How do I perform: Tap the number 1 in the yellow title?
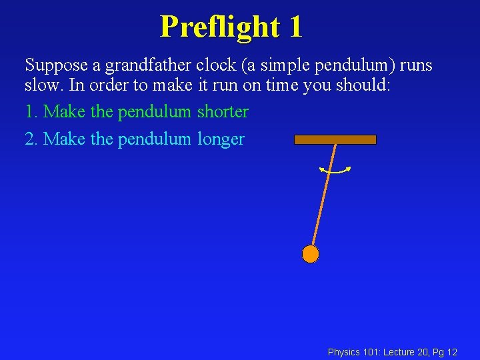point(295,27)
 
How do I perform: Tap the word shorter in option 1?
point(223,111)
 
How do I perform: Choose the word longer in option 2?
point(221,139)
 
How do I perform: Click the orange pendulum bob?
point(310,254)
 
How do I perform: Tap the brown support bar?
point(335,140)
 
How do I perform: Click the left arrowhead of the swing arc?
point(321,170)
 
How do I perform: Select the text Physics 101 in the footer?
point(354,352)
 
